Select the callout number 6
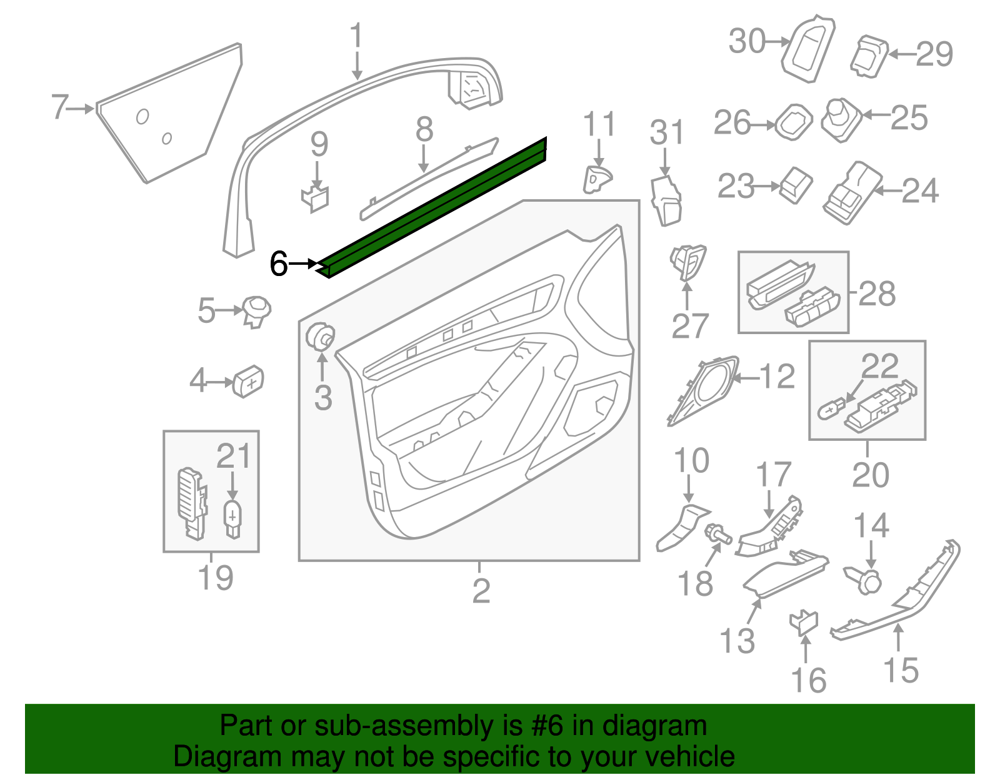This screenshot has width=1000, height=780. [x=279, y=264]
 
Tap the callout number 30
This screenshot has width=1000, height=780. [x=747, y=42]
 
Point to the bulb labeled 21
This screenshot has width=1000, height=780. [x=232, y=518]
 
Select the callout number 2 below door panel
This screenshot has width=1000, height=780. [x=481, y=590]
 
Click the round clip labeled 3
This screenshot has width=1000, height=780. [x=321, y=338]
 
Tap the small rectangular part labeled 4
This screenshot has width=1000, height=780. [x=249, y=380]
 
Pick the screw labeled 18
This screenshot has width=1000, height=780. [x=718, y=535]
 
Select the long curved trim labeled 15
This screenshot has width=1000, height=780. [x=900, y=600]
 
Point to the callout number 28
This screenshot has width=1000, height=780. [x=877, y=294]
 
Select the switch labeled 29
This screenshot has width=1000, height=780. [x=869, y=56]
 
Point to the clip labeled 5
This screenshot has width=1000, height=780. [x=256, y=310]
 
